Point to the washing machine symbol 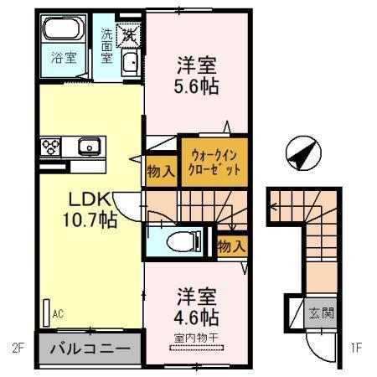[x=129, y=35]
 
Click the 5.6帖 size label [x=198, y=85]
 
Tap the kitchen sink [x=89, y=147]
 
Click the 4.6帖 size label [x=198, y=318]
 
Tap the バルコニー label [x=87, y=350]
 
